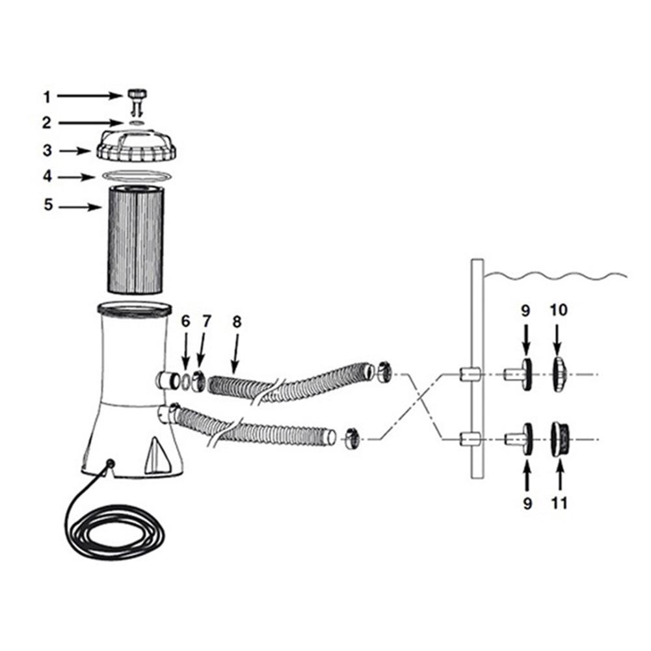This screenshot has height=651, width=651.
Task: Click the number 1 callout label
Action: pos(47,97)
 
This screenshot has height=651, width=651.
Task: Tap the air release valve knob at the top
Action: pos(137,98)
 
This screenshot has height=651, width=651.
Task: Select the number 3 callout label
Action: pos(47,150)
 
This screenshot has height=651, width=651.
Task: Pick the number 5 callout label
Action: pos(48,205)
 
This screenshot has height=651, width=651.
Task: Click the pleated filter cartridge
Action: pos(136,240)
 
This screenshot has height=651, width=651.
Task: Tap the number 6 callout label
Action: pos(185,321)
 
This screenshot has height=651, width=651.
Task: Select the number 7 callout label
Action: pos(206,321)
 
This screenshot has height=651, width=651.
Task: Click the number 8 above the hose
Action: pos(237,321)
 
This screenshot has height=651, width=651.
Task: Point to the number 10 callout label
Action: pos(559,310)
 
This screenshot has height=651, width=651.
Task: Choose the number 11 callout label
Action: pos(559,503)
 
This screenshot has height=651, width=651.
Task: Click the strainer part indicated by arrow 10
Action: pos(559,374)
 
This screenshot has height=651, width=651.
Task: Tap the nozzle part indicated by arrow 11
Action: pos(560,439)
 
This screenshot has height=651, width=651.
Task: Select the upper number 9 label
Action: pos(525,310)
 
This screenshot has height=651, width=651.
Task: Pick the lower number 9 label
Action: pos(527,503)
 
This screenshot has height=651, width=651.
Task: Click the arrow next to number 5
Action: pos(80,206)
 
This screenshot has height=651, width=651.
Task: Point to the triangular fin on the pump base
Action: pos(157,456)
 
